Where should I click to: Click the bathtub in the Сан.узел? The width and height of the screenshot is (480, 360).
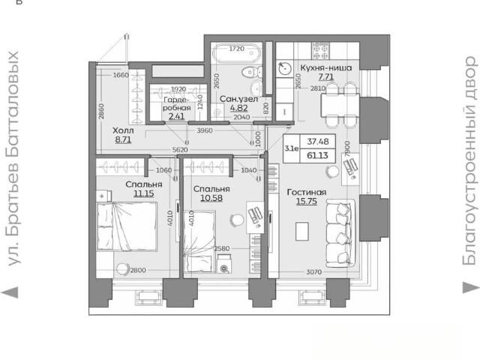tap(236, 53)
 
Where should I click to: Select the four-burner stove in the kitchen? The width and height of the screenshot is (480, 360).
tap(320, 51)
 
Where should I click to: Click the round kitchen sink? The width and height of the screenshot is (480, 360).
tap(285, 68)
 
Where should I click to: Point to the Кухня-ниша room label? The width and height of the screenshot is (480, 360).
tap(325, 67)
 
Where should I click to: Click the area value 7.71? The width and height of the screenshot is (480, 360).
tap(325, 76)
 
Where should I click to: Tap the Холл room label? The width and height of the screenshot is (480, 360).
tap(123, 130)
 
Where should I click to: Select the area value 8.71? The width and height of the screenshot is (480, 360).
tap(123, 140)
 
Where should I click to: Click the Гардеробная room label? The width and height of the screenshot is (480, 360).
tap(177, 103)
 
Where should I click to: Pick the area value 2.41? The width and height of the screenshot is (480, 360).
tap(177, 116)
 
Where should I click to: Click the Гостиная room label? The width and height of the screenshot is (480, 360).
tap(307, 192)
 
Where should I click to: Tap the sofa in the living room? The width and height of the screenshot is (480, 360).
tap(340, 233)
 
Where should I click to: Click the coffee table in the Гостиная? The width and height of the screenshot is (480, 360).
tap(301, 231)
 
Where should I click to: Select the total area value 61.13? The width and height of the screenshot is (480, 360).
tap(317, 155)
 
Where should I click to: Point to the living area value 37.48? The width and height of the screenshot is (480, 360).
tap(318, 142)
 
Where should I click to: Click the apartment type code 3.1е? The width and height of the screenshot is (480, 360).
tap(292, 148)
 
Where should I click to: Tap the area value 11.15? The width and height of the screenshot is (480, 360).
tap(143, 193)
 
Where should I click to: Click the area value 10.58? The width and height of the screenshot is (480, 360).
tap(211, 198)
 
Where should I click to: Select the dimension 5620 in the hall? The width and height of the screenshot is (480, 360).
tap(180, 150)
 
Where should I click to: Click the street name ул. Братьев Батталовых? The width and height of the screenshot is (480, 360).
tap(13, 158)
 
